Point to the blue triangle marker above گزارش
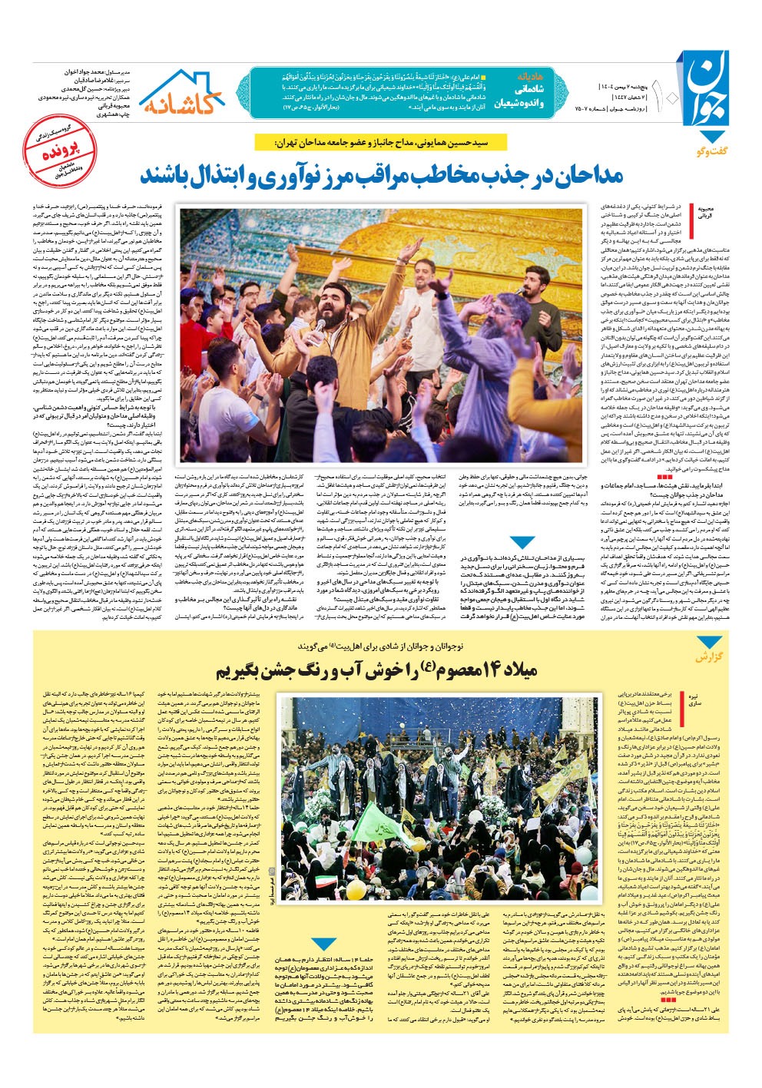click(x=706, y=643)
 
